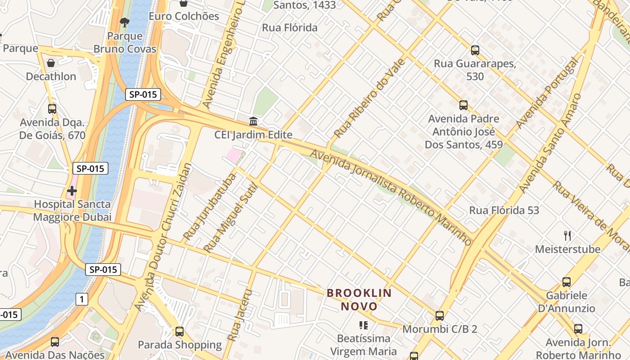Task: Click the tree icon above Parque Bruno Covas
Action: (x=125, y=22)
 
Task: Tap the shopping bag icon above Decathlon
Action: (x=51, y=63)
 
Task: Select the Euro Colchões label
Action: (x=184, y=16)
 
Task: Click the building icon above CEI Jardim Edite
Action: (x=253, y=121)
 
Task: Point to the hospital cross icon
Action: (x=72, y=191)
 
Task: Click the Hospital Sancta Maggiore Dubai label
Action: (x=72, y=211)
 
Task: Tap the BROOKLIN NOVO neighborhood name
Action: (x=359, y=300)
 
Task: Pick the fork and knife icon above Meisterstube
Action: (x=567, y=235)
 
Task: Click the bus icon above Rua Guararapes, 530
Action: (x=475, y=50)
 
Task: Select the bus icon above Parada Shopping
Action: (x=180, y=332)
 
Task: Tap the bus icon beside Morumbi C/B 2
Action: (x=440, y=315)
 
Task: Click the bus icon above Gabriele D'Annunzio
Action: (x=567, y=282)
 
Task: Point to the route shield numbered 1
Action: (x=81, y=299)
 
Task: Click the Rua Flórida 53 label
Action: (x=504, y=210)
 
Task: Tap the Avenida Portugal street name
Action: (x=546, y=93)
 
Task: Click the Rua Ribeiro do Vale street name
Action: (x=369, y=98)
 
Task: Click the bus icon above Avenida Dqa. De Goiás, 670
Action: (x=52, y=108)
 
